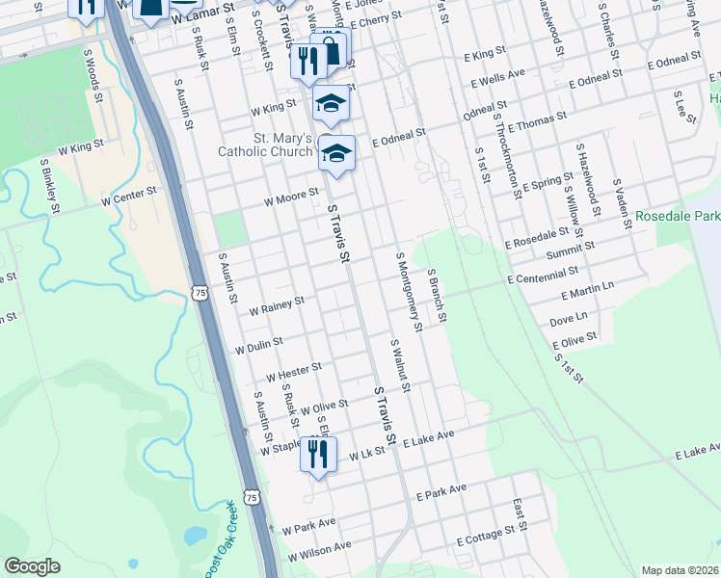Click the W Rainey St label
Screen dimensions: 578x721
point(276,305)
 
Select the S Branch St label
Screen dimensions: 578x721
point(437,296)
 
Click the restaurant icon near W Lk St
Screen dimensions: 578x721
point(318,452)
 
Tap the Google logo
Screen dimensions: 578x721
point(33,566)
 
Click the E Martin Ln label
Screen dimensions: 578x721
point(582,290)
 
